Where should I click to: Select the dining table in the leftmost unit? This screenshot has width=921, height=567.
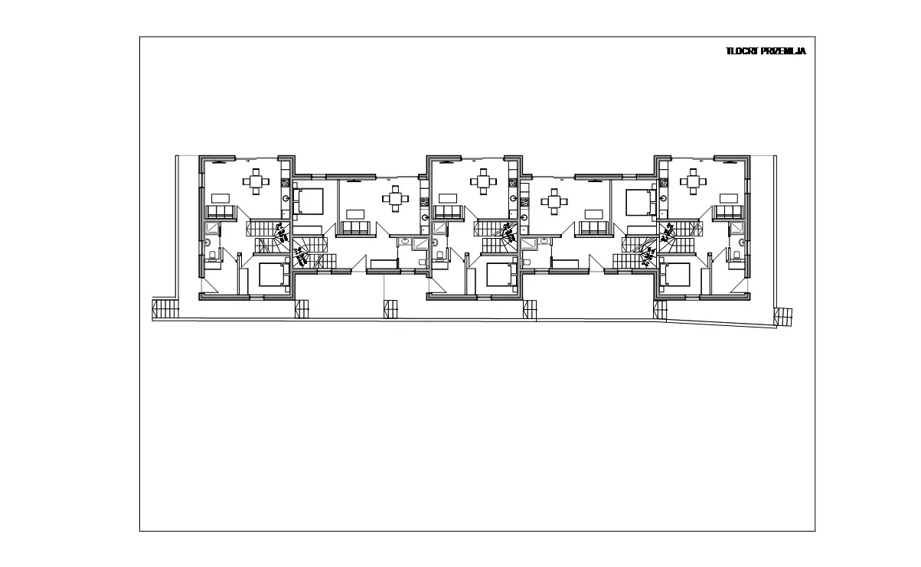pyautogui.click(x=256, y=181)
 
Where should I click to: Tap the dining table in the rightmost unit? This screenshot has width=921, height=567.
pyautogui.click(x=693, y=181)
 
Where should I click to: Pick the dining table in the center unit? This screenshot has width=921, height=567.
pyautogui.click(x=484, y=181)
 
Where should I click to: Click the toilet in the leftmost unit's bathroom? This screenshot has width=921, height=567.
pyautogui.click(x=213, y=256)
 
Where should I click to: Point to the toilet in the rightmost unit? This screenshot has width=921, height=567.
pyautogui.click(x=736, y=256)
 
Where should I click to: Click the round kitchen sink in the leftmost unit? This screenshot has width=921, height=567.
pyautogui.click(x=286, y=198)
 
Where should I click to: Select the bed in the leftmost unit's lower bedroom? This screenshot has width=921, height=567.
pyautogui.click(x=273, y=275)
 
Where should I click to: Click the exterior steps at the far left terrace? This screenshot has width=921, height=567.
pyautogui.click(x=165, y=308)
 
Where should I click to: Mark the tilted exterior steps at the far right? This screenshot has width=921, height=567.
pyautogui.click(x=783, y=318)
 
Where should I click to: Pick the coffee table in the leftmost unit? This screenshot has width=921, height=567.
pyautogui.click(x=220, y=198)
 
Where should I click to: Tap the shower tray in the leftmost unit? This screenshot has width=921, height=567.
pyautogui.click(x=213, y=228)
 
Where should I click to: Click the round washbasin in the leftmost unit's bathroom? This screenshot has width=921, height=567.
pyautogui.click(x=207, y=242)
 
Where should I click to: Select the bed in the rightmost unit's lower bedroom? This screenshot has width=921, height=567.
pyautogui.click(x=674, y=275)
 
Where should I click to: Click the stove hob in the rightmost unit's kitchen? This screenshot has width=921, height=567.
pyautogui.click(x=663, y=183)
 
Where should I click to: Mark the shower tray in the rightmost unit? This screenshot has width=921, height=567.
pyautogui.click(x=736, y=228)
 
